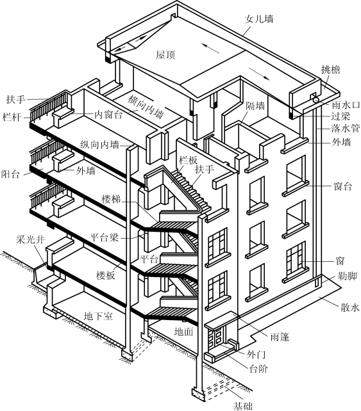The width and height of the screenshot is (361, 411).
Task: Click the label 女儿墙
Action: point(259,19)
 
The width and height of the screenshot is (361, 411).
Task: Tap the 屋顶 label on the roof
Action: point(165,55)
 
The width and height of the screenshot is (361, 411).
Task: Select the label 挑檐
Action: point(331,70)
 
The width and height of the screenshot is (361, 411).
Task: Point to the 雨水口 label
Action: point(346,105)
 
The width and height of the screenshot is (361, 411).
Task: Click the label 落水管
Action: point(345,129)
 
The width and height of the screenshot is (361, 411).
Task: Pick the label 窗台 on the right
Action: point(342,186)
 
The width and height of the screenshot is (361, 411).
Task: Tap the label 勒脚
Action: point(347,276)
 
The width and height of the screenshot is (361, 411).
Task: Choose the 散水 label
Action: point(349,307)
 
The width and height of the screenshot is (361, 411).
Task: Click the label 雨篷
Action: point(280,337)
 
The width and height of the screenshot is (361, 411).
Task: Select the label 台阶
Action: point(258,369)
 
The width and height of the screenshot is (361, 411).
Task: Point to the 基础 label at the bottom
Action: point(243,406)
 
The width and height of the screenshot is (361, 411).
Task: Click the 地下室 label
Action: point(98,316)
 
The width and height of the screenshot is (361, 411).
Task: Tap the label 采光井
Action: point(30,239)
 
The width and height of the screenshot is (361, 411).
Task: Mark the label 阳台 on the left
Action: point(10,173)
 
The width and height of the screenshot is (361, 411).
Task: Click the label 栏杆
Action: point(12,117)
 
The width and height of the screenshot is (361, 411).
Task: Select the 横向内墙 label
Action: point(146,107)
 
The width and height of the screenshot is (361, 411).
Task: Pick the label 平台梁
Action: point(104,238)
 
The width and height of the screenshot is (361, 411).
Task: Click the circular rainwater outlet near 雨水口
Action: point(315,100)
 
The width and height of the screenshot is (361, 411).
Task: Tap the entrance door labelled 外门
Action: point(217,336)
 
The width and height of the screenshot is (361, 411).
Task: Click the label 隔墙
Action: point(255,106)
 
